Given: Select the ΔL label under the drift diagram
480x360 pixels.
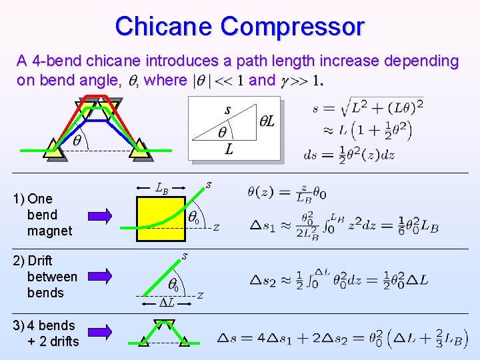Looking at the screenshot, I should (167, 302).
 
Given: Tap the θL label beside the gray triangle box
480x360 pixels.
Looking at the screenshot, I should (271, 122).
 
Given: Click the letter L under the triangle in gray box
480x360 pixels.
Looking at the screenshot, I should (229, 150).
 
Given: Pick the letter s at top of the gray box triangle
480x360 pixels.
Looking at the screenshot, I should (228, 109).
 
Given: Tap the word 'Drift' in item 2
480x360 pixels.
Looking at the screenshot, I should (40, 260).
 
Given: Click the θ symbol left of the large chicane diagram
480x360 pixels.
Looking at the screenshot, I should (77, 141).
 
